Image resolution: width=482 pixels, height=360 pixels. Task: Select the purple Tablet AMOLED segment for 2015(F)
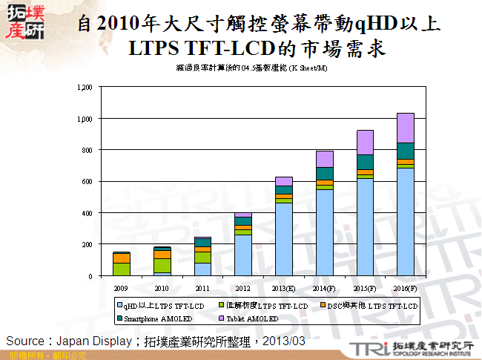coord(365,142)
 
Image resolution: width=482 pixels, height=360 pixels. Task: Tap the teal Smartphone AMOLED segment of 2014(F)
coord(324,173)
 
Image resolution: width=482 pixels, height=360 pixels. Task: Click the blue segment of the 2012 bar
coord(242,255)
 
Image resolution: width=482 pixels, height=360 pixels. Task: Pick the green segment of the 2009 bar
coord(121,269)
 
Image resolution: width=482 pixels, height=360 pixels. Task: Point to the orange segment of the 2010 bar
coord(162,254)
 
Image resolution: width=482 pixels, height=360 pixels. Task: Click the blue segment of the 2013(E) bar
coord(283,238)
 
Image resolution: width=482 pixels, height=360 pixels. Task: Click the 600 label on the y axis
coord(85,182)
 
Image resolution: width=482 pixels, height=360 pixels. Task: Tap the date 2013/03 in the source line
coord(284,341)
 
